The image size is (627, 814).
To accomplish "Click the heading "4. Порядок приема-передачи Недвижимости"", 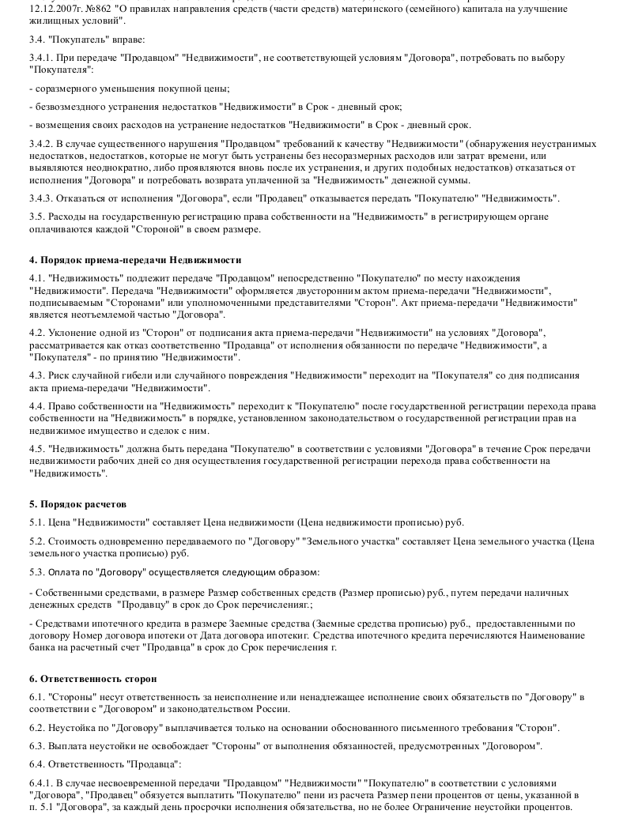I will tap(134, 260).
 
